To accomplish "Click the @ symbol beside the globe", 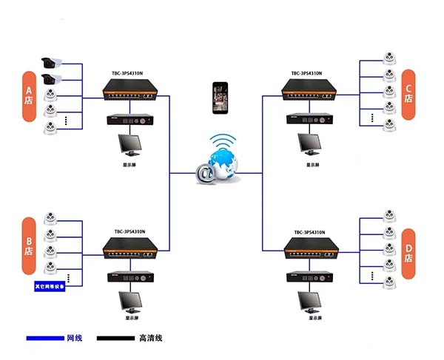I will pos(203,174).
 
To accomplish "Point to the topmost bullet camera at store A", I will pos(52,62).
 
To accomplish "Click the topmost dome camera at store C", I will pos(388,57).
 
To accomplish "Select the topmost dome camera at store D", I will pos(388,217).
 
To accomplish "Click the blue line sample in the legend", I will pos(45,339).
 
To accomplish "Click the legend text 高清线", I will pos(150,339).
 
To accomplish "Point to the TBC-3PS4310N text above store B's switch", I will pos(130,231).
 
